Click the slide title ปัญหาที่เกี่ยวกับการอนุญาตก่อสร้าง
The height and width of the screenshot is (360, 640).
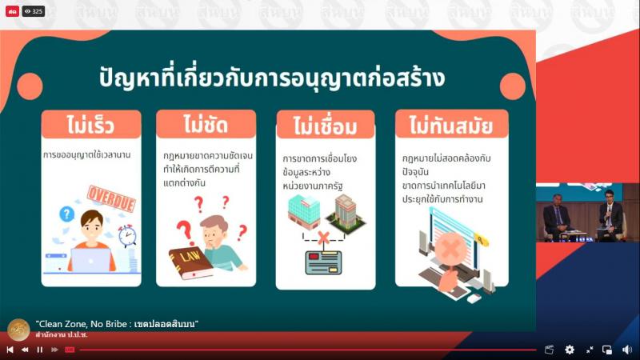tap(272, 77)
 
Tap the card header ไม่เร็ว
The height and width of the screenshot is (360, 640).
tap(91, 125)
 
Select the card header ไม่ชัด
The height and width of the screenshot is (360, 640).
tap(206, 124)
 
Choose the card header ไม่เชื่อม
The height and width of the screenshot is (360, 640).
tap(326, 126)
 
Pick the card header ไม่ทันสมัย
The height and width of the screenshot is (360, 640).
tap(451, 125)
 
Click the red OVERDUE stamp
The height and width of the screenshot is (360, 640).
tap(111, 198)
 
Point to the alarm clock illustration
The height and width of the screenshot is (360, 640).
tap(127, 235)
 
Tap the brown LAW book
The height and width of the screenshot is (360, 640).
tap(191, 262)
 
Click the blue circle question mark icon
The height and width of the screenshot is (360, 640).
tap(66, 214)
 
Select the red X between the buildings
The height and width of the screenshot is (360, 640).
tap(323, 237)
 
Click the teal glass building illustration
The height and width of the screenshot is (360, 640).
tap(304, 212)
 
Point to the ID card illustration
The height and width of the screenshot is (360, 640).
tap(323, 263)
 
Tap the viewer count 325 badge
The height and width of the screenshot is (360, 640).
tap(34, 11)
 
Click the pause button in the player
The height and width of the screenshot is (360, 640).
tap(39, 350)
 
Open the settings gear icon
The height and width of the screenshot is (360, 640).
tap(570, 350)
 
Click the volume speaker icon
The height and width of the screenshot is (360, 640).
tap(627, 350)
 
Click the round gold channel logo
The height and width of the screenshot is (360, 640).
tap(18, 330)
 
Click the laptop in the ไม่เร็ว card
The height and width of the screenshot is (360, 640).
tap(90, 261)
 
